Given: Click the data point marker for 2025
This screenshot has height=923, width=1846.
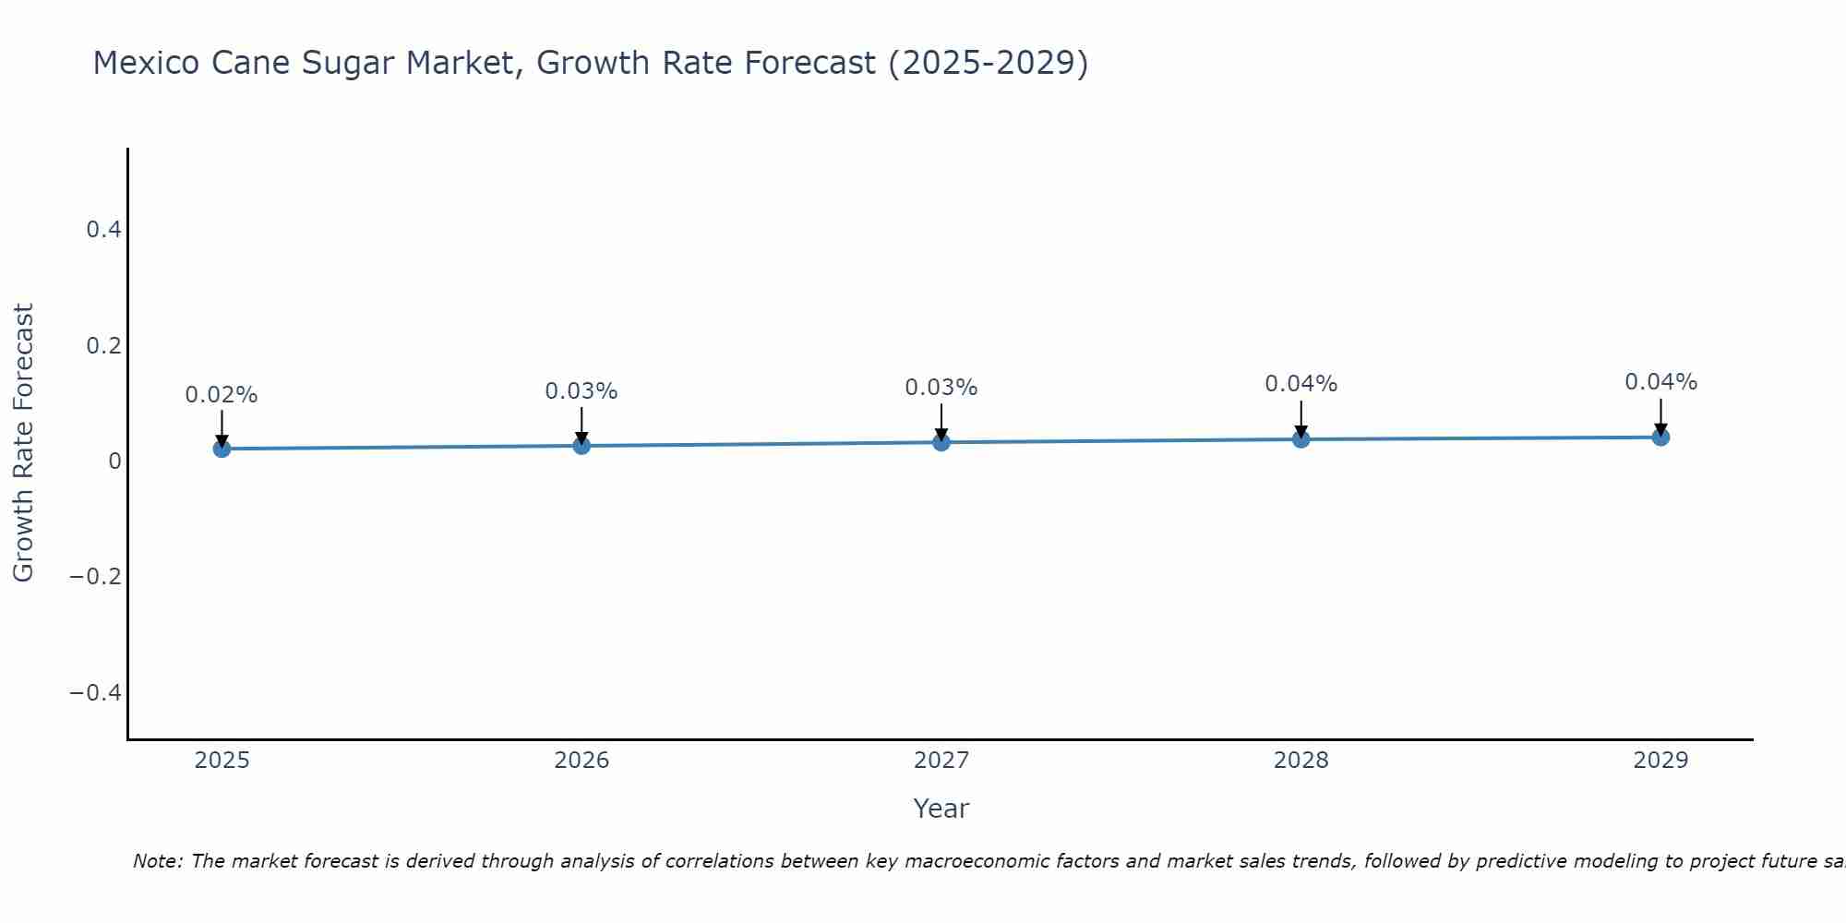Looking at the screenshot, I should coord(222,449).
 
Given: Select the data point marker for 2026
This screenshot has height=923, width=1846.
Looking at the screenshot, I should coord(581,446).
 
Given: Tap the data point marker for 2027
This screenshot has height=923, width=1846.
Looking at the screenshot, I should coord(941,442).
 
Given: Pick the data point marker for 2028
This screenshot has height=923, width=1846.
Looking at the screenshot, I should coord(1301,439).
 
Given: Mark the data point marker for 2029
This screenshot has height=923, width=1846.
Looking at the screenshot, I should coord(1660,437).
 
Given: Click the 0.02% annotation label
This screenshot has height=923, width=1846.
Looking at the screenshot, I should coord(222,395).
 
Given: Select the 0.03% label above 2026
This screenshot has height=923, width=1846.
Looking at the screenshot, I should coord(581,391).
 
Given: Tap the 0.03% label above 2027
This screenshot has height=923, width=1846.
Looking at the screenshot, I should coord(941,388).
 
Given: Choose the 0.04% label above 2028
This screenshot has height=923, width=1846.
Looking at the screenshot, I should coord(1301,384).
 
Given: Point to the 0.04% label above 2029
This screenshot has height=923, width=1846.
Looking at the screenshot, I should coord(1660,382).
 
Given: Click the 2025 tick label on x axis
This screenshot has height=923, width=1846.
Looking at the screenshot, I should coord(222,761).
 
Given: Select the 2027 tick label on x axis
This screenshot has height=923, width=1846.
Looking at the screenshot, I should coord(941,761).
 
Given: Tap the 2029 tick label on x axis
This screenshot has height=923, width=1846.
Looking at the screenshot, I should coord(1660,761).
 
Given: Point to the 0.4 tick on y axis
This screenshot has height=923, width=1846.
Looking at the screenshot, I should coord(104,230).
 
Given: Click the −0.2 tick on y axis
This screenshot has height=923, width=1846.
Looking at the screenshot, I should coord(96,577).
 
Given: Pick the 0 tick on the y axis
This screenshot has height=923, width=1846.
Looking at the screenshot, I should coord(114,461).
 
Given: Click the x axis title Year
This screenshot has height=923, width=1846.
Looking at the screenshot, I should coord(941,809).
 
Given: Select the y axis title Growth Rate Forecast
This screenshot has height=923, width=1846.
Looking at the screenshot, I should coord(23,443).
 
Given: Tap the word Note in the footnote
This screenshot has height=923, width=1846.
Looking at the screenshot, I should coord(156,861).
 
